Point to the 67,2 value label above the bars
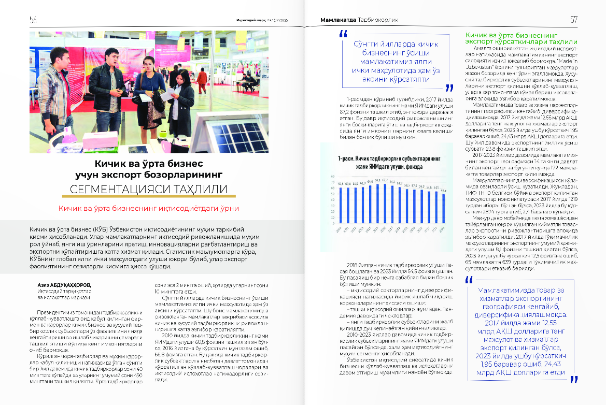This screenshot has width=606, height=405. click(383, 180)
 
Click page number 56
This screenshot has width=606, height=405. click(33, 20)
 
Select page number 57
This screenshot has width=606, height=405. click(573, 20)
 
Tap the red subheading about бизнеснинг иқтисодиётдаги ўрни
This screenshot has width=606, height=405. click(148, 209)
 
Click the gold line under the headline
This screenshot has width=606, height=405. click(148, 197)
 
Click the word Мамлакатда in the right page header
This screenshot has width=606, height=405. click(337, 20)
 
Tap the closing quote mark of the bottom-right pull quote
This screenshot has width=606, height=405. click(574, 379)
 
